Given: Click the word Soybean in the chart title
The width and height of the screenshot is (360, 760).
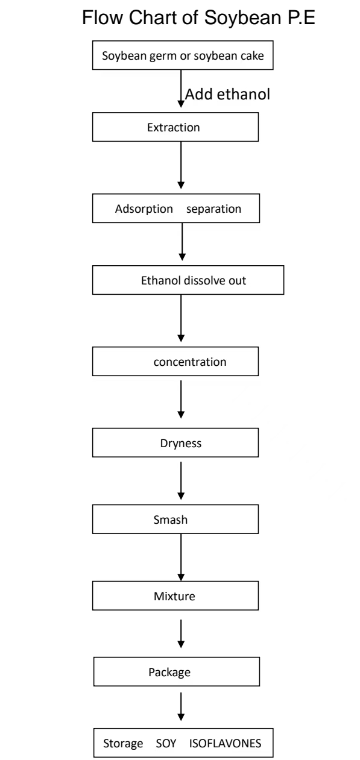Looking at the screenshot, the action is [x=242, y=18].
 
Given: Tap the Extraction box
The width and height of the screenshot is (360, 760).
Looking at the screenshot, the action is [x=175, y=127].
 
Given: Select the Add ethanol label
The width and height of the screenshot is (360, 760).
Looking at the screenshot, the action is [x=227, y=94].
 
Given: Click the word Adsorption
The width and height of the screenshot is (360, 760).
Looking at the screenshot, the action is [x=144, y=209].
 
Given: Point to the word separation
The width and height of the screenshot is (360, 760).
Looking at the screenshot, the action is [x=213, y=209].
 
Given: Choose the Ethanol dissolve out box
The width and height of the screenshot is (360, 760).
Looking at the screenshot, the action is [x=188, y=280].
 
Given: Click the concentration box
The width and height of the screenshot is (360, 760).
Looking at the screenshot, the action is [x=175, y=362].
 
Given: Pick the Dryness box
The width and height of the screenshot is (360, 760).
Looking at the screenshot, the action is [x=175, y=443].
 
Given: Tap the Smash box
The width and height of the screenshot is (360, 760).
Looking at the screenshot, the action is [x=175, y=519].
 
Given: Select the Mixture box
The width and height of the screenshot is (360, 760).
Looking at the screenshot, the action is [x=175, y=596].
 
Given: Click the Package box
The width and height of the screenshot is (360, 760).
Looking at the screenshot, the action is [x=177, y=672].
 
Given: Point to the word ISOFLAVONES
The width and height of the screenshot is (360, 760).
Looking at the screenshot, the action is [x=225, y=743].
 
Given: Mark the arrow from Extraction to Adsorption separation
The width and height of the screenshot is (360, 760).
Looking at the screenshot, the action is [x=181, y=165].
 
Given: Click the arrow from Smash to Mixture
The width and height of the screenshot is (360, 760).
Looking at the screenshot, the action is [x=181, y=557].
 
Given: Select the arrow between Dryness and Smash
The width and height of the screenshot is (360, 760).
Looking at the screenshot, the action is [x=181, y=480].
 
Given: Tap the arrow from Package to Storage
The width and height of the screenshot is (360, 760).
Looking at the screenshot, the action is [x=181, y=707].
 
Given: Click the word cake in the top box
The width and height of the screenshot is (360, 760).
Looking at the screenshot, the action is [x=251, y=55].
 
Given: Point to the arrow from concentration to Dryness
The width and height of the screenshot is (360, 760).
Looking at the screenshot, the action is [x=181, y=400].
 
